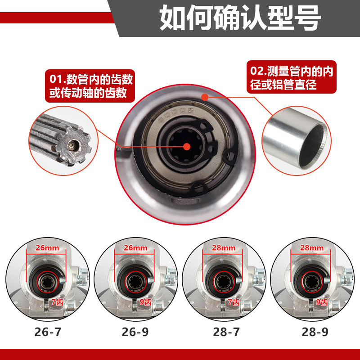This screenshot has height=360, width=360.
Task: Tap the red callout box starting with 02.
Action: point(291,77)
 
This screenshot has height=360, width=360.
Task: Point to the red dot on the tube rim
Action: point(205,96)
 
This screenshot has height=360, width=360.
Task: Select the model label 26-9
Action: point(135,333)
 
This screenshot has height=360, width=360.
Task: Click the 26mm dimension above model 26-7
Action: point(47,248)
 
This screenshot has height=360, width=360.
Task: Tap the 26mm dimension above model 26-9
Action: point(135,248)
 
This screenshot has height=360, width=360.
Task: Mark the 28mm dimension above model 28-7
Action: point(224,248)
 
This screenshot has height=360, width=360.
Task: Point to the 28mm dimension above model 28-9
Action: point(312,248)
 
